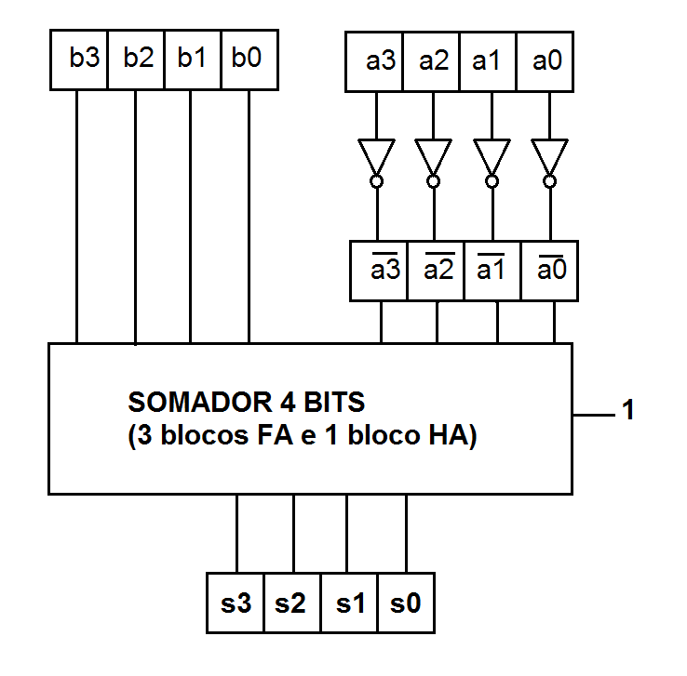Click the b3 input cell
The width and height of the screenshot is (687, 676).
click(78, 60)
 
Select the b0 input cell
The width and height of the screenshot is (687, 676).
click(249, 60)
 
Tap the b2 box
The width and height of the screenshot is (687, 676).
click(136, 60)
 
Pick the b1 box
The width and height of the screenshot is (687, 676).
click(193, 60)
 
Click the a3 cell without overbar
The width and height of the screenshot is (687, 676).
click(375, 62)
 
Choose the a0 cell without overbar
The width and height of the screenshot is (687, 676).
click(546, 62)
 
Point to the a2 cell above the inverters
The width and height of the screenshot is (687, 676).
click(432, 62)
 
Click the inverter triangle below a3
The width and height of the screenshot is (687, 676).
click(376, 154)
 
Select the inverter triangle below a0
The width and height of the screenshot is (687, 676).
click(549, 154)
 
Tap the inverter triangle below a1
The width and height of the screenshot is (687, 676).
click(492, 154)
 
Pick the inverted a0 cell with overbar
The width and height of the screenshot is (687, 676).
click(551, 271)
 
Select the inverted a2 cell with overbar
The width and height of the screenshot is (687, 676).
click(437, 271)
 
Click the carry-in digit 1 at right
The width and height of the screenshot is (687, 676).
click(628, 411)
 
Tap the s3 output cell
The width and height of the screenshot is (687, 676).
click(236, 603)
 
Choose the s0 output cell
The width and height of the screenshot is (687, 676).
click(406, 603)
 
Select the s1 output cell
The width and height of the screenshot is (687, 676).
click(350, 603)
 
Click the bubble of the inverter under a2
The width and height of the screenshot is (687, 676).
click(433, 180)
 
